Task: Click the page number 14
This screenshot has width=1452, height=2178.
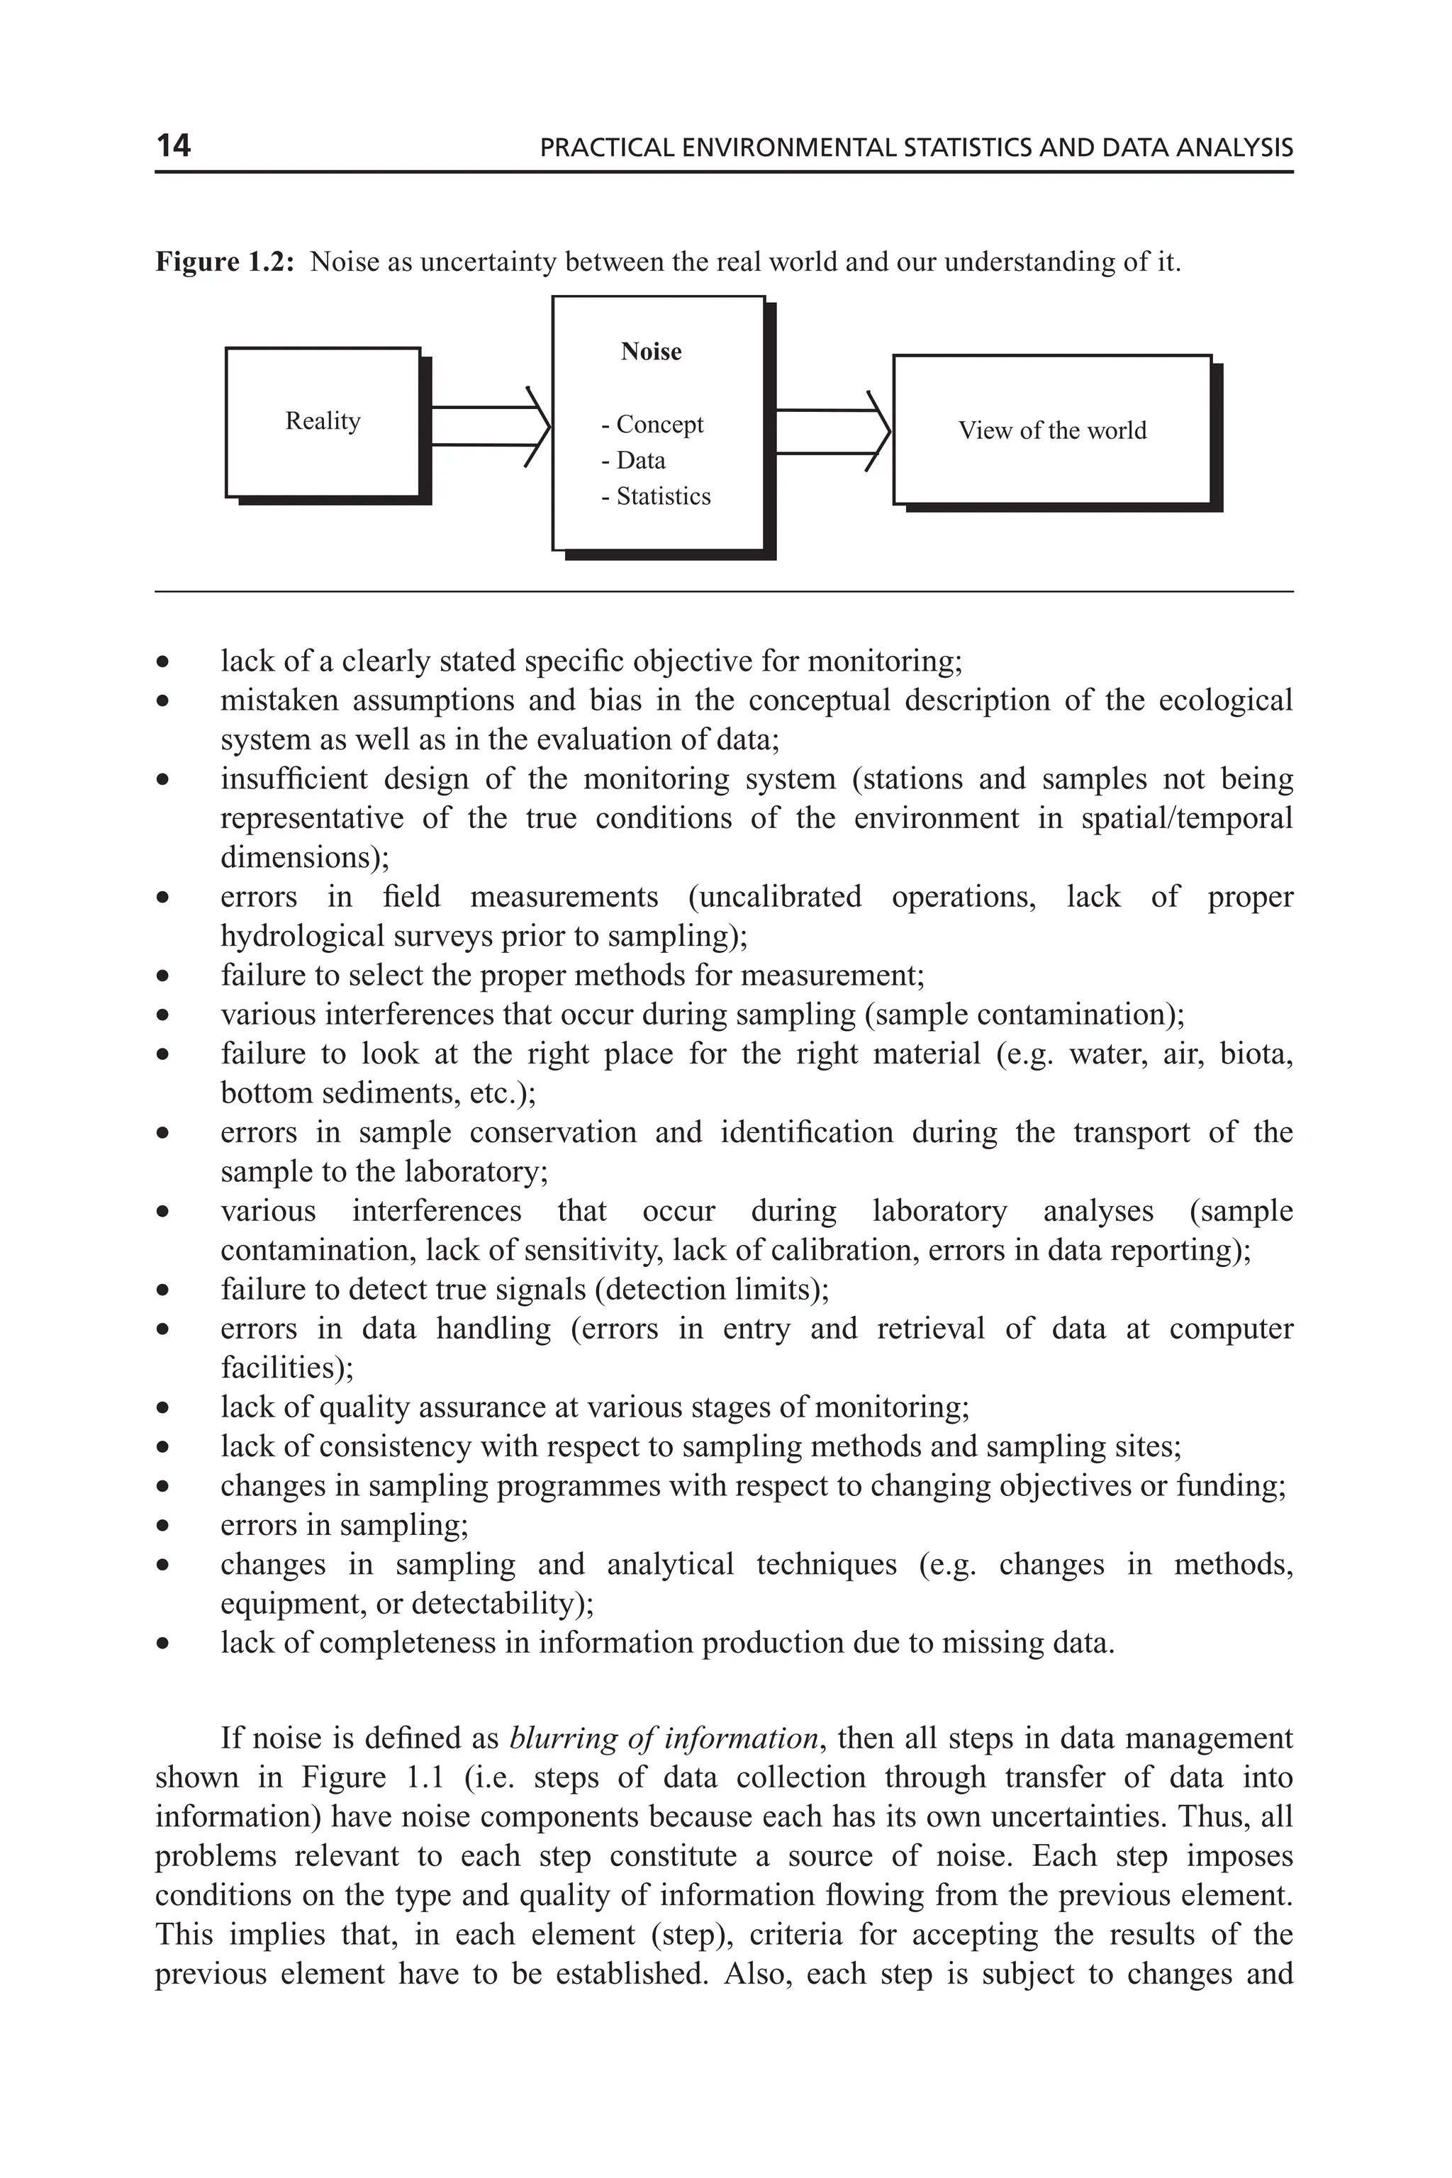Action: pyautogui.click(x=173, y=145)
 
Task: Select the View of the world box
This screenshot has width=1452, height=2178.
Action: pyautogui.click(x=1052, y=430)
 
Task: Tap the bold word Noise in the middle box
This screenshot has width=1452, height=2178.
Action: pyautogui.click(x=651, y=352)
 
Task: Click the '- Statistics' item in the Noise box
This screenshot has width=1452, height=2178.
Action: pyautogui.click(x=657, y=496)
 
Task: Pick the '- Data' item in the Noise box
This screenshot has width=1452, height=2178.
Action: pyautogui.click(x=633, y=460)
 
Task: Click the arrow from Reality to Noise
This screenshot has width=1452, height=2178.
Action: pyautogui.click(x=489, y=426)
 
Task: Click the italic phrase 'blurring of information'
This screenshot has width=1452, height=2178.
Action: pyautogui.click(x=664, y=1738)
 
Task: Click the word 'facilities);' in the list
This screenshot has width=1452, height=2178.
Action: pyautogui.click(x=287, y=1368)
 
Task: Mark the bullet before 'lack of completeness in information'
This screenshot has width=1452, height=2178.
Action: pyautogui.click(x=163, y=1643)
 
